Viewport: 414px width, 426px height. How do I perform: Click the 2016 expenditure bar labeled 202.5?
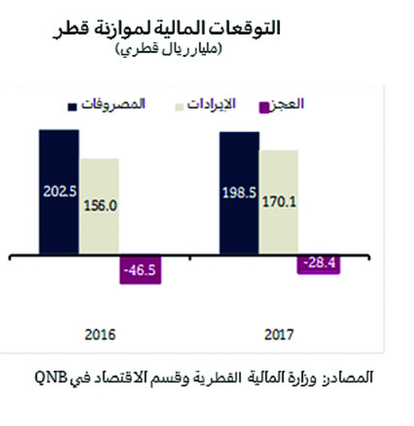59,162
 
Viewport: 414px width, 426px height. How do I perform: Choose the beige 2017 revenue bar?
279,179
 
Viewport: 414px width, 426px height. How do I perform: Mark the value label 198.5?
239,194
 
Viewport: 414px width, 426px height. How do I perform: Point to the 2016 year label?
99,335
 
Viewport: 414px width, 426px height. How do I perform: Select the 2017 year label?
279,335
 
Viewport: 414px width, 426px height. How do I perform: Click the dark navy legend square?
73,107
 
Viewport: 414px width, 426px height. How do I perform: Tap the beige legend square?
180,106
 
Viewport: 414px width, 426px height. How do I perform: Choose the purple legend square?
265,106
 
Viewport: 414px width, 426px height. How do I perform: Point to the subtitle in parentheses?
168,50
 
